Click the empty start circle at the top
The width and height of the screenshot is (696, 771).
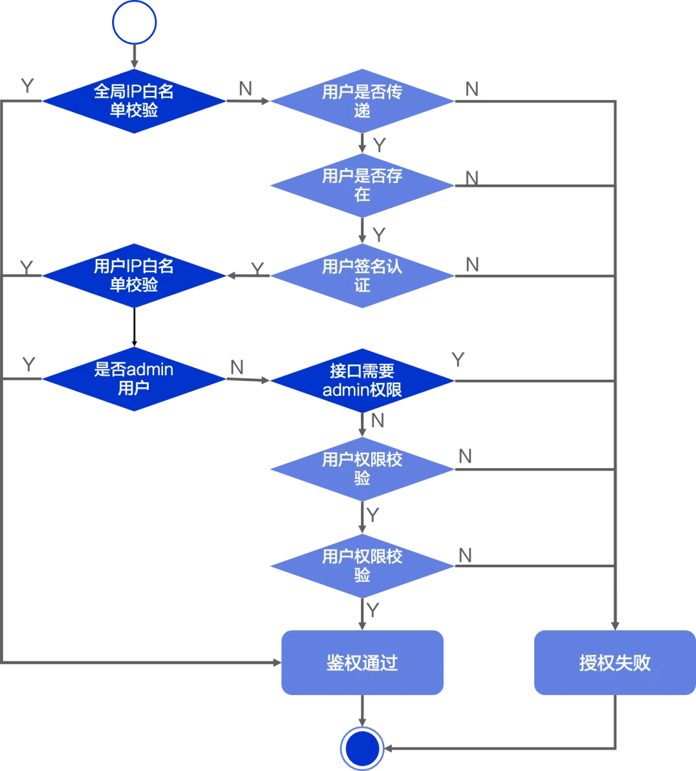[x=134, y=23]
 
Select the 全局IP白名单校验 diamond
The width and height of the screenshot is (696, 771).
[x=134, y=101]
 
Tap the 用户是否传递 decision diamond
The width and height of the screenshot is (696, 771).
[x=362, y=101]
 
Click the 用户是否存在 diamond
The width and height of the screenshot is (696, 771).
[x=362, y=185]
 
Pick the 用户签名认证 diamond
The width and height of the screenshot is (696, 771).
[x=362, y=276]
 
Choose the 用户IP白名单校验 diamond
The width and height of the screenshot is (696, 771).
[x=134, y=276]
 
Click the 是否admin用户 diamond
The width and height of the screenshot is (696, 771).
[x=134, y=379]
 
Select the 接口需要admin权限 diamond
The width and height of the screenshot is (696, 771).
[x=362, y=380]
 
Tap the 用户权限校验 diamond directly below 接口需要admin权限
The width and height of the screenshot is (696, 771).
[x=362, y=469]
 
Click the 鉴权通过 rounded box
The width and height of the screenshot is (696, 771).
[x=362, y=663]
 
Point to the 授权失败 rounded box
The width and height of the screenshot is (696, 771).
[x=615, y=663]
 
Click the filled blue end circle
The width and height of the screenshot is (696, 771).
[x=362, y=748]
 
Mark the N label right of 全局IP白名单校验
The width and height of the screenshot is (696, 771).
[x=246, y=89]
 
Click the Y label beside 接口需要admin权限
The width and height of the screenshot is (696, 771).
[x=458, y=360]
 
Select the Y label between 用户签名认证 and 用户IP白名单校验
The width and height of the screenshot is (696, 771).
[x=257, y=269]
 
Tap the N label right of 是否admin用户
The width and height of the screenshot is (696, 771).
[x=237, y=367]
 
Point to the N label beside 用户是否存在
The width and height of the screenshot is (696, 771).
[x=472, y=178]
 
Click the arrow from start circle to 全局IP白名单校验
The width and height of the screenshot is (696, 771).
[x=134, y=57]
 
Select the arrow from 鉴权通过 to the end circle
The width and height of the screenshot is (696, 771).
[x=362, y=711]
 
